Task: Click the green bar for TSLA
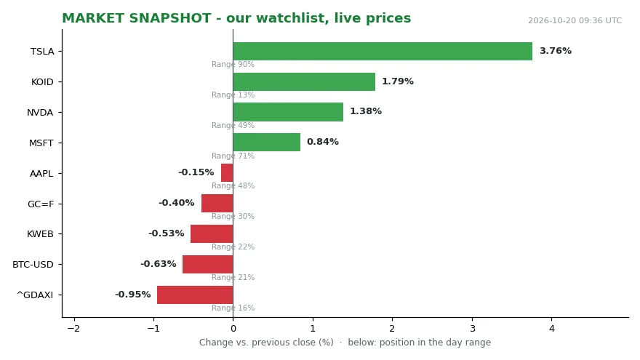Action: click(383, 51)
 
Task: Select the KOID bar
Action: click(304, 81)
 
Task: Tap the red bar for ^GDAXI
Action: click(195, 295)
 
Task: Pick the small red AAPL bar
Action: click(227, 172)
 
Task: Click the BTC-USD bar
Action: click(208, 264)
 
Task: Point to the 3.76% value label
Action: click(556, 51)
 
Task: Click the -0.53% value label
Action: click(166, 233)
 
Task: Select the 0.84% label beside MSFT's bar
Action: click(322, 142)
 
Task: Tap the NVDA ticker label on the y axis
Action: click(40, 113)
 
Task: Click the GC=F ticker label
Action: click(41, 204)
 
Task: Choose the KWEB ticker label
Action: click(40, 234)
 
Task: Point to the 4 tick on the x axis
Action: click(552, 328)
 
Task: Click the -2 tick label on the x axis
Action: click(74, 328)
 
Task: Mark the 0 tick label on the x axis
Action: click(233, 328)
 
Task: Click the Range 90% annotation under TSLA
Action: click(233, 64)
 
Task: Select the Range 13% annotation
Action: click(233, 95)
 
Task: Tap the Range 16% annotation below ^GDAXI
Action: click(233, 308)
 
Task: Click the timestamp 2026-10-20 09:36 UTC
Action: click(575, 20)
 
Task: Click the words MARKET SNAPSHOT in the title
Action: click(136, 18)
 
